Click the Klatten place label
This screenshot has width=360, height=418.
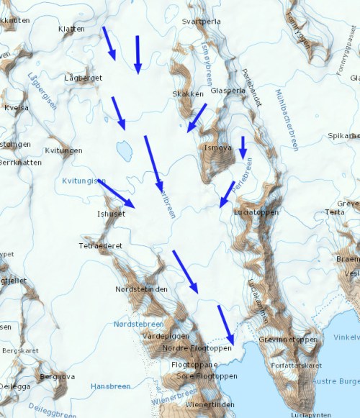(71, 29)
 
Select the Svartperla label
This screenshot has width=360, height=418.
(202, 22)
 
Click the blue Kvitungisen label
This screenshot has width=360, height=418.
(84, 181)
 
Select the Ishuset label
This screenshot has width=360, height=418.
(111, 214)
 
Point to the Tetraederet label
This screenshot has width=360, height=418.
(102, 245)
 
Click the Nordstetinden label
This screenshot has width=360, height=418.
(142, 289)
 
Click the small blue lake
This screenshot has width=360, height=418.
(124, 150)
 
